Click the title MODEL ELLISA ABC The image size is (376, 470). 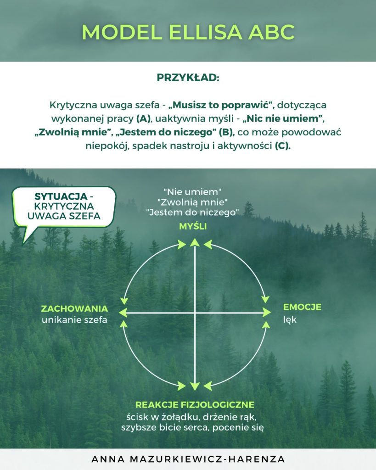tap(188, 32)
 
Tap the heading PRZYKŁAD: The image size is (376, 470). tap(188, 78)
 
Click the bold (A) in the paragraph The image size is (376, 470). tap(144, 119)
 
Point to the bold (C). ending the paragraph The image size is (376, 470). tap(282, 147)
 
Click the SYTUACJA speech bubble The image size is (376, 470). tap(64, 206)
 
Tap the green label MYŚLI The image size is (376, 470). tap(193, 227)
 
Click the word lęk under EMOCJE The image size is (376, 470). tap(290, 319)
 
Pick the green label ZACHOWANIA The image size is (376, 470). tap(74, 308)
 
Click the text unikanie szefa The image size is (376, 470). tap(74, 320)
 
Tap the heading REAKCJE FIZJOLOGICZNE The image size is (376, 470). tap(195, 405)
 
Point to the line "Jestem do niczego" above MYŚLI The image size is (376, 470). tap(193, 213)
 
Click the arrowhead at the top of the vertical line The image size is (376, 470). tap(195, 242)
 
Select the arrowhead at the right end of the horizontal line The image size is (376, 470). tap(267, 313)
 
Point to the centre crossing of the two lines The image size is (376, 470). tap(195, 313)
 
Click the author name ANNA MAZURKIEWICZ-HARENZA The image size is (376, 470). tap(188, 459)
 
